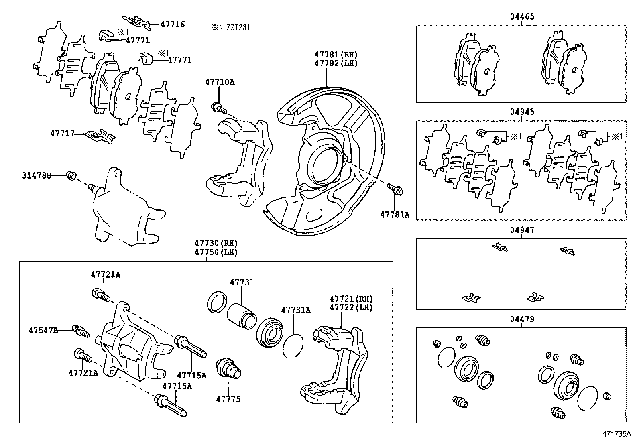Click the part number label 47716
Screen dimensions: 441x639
173,24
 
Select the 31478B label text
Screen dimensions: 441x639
37,175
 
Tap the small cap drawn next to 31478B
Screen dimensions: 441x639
72,175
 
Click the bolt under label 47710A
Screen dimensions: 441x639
218,108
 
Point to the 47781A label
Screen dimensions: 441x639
395,215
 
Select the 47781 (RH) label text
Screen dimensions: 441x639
336,55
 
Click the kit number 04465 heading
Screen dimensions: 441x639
522,17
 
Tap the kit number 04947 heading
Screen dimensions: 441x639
522,230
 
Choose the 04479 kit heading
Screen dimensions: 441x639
522,319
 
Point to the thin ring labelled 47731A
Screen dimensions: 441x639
293,345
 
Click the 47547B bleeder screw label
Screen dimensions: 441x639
43,330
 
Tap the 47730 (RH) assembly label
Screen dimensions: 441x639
216,243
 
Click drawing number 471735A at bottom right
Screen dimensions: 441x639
616,434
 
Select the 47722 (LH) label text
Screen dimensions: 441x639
351,308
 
